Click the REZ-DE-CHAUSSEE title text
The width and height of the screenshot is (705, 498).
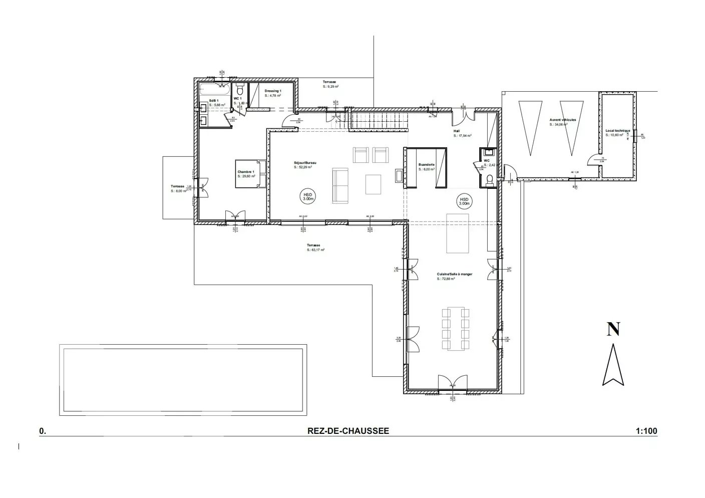pos(348,431)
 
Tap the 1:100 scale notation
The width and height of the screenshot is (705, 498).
pos(646,431)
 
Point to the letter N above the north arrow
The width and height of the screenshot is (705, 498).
pos(613,329)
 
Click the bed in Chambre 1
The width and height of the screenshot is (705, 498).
pos(249,174)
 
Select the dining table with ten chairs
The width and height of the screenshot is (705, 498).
pos(456,329)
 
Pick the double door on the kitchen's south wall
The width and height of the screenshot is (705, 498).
pos(453,384)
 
